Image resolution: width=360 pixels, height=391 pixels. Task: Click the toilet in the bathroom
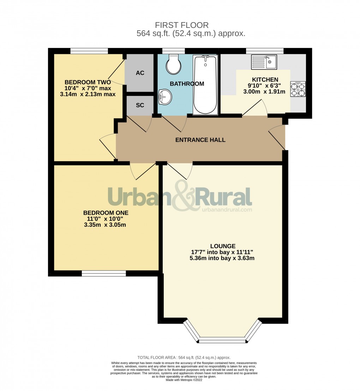[173, 65]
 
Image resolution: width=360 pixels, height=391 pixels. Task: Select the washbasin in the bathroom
[165, 96]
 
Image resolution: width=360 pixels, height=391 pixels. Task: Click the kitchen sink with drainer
[264, 62]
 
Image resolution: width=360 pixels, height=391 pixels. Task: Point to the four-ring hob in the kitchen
[298, 89]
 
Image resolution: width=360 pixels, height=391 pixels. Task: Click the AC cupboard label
[140, 73]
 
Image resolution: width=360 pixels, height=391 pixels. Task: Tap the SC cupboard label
[140, 105]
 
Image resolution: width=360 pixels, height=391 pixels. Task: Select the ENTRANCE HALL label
[200, 140]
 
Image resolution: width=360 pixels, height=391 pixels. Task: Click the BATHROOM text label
[187, 84]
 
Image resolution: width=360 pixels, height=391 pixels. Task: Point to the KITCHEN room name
[265, 80]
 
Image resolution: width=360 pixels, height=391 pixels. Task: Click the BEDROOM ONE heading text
[106, 213]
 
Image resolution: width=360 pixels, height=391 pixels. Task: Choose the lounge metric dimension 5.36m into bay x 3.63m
[222, 258]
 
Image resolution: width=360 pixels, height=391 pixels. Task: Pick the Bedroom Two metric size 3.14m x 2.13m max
[88, 94]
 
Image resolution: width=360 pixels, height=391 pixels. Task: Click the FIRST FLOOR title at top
[182, 25]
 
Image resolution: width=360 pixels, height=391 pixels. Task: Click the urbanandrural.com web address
[227, 209]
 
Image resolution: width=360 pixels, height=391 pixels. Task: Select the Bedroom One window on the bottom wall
[104, 273]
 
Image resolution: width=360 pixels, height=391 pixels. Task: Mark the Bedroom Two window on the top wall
[89, 51]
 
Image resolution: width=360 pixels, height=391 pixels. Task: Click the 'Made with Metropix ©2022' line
[184, 380]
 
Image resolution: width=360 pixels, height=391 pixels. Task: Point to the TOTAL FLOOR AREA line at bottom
[184, 358]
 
